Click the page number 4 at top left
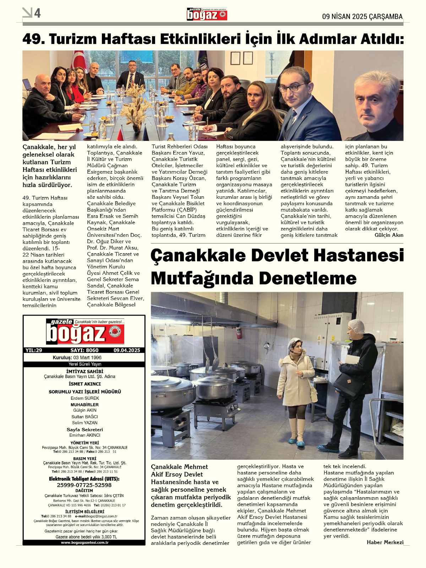click(37, 13)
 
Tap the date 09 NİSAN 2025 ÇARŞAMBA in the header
click(362, 16)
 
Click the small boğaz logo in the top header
click(207, 15)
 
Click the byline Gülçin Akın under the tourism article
click(389, 235)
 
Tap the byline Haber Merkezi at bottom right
click(385, 542)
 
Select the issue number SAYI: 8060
click(84, 350)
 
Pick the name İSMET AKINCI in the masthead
click(85, 384)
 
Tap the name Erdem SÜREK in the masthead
click(85, 398)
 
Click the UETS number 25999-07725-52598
click(84, 485)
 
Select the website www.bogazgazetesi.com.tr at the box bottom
click(84, 542)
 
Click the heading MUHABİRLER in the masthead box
click(85, 404)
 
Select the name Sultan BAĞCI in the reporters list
click(85, 417)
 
